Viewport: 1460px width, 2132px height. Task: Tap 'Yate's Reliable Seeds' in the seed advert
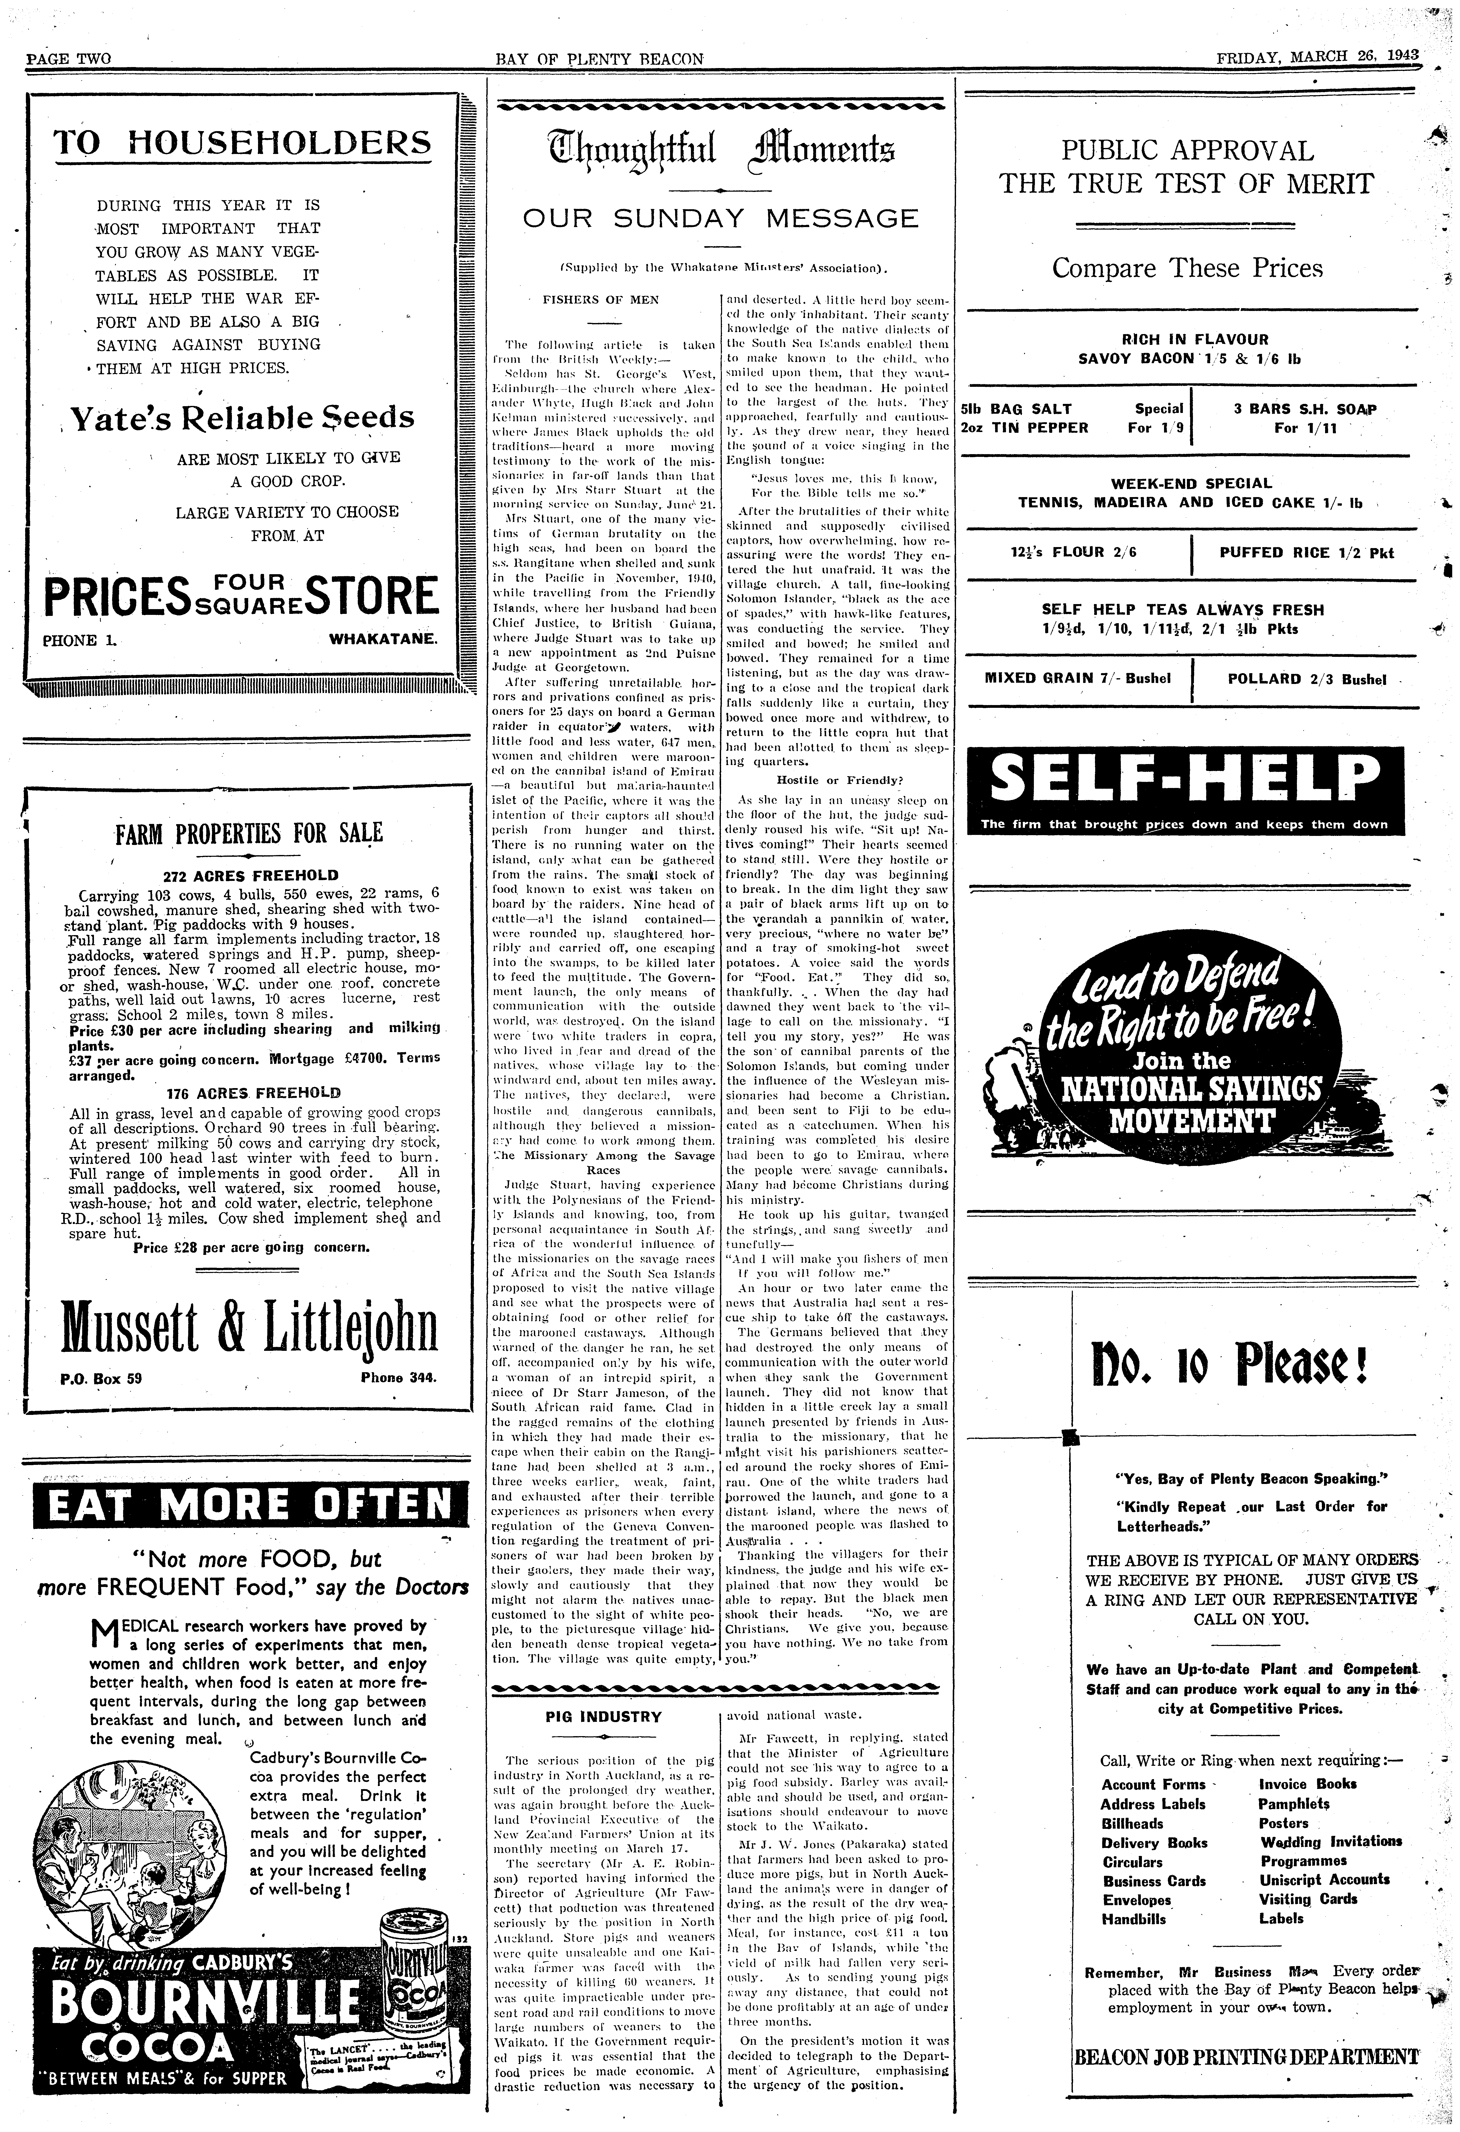pyautogui.click(x=242, y=417)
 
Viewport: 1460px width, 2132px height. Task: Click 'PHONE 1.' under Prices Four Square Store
pyautogui.click(x=83, y=639)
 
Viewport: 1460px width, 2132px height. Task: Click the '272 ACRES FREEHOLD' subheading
pyautogui.click(x=250, y=875)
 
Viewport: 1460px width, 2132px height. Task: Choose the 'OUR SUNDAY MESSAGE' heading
pyautogui.click(x=720, y=218)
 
